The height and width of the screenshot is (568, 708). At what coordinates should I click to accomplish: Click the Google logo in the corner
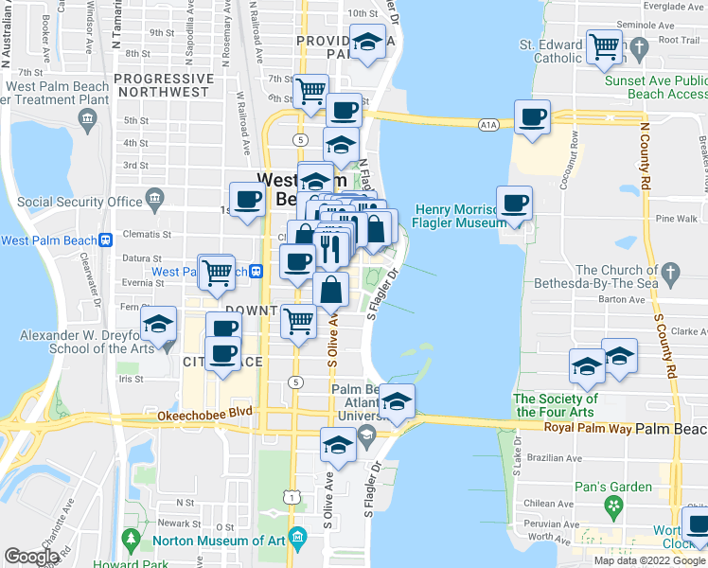32,557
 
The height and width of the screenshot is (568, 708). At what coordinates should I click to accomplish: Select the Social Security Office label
80,202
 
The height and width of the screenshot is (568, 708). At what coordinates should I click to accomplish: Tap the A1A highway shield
488,123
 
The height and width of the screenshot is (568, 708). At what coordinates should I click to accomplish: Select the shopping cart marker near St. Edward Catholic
603,45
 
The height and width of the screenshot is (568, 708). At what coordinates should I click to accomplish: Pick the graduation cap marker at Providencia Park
366,42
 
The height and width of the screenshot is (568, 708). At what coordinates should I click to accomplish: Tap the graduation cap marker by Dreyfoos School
159,323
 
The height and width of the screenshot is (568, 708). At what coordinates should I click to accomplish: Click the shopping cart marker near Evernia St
218,272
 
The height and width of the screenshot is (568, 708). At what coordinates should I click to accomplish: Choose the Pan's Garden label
613,488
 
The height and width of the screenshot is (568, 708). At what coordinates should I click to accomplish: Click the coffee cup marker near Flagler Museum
514,203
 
